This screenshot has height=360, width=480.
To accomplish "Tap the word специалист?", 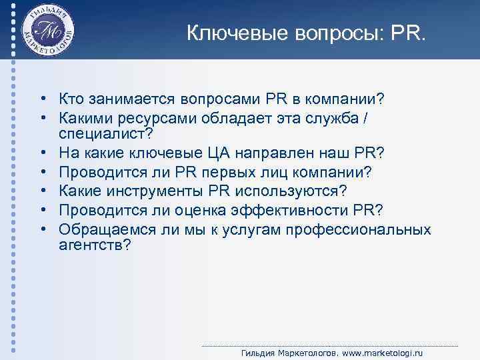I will (106, 135).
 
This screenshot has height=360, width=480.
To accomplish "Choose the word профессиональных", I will (358, 229).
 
